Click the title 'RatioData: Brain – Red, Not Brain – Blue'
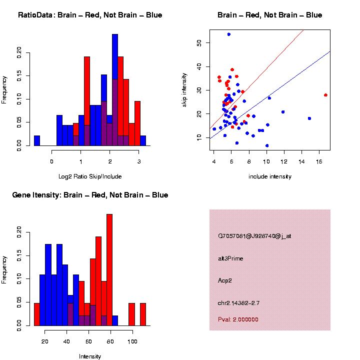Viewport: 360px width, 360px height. click(90, 15)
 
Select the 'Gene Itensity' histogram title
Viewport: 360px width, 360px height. click(90, 195)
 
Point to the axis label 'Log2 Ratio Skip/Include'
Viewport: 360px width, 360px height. click(90, 176)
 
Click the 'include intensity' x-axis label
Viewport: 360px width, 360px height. click(270, 176)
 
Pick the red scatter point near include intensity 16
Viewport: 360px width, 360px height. click(325, 95)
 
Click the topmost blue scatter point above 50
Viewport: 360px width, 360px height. click(228, 34)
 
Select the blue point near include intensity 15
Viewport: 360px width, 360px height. click(309, 118)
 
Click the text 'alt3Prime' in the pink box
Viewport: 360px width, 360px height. click(230, 258)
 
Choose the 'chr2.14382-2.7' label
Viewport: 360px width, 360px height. click(238, 303)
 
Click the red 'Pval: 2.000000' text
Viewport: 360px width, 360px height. click(238, 319)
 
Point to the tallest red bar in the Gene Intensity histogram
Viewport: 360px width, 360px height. click(109, 270)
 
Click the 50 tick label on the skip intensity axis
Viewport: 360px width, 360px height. click(199, 43)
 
